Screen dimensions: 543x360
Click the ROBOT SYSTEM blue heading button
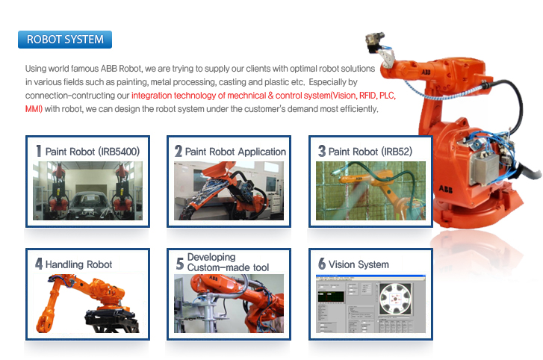[x=65, y=40]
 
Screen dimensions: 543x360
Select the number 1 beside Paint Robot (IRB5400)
[x=38, y=151]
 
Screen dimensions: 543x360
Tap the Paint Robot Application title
[x=235, y=152]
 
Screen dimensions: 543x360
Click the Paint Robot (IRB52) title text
[x=370, y=152]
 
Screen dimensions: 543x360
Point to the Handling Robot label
[x=78, y=264]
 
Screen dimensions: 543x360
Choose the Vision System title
[x=359, y=264]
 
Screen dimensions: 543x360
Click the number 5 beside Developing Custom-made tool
[x=179, y=264]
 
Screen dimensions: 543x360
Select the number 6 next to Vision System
[x=322, y=264]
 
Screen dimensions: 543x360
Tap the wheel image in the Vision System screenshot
[x=395, y=298]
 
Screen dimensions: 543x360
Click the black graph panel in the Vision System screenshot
[x=331, y=297]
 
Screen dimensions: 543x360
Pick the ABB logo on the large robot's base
[x=446, y=189]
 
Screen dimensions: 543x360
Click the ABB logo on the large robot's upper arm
[x=426, y=72]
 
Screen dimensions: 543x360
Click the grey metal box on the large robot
[x=485, y=168]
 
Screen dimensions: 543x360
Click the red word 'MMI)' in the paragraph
[x=34, y=109]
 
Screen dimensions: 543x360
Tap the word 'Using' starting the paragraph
[x=36, y=69]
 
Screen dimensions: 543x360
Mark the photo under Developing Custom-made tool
[x=229, y=303]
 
